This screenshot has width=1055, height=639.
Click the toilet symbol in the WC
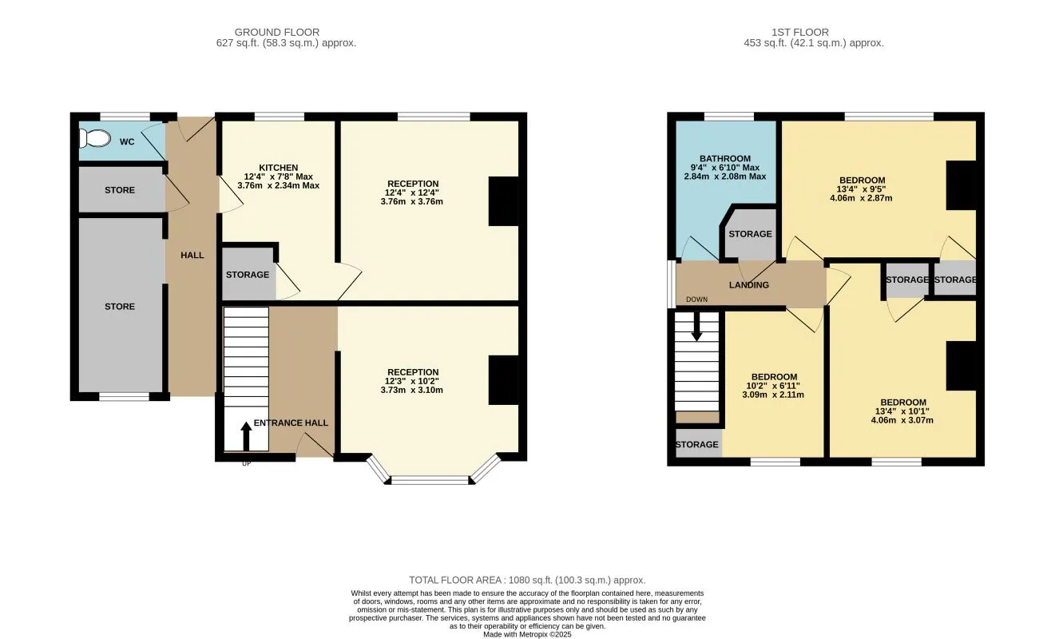click(95, 138)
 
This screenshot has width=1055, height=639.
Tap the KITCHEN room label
click(279, 168)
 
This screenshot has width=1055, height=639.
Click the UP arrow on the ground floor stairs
click(246, 436)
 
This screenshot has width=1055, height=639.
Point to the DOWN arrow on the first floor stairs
click(696, 327)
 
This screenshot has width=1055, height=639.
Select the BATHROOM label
click(725, 159)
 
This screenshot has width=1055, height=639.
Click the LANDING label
click(749, 285)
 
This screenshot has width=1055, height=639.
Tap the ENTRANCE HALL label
click(291, 423)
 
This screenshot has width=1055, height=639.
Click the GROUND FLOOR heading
click(277, 32)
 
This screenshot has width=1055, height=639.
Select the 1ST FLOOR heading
click(799, 32)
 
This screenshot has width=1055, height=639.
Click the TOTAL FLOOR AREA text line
click(527, 580)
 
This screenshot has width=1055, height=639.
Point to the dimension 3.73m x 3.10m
click(411, 390)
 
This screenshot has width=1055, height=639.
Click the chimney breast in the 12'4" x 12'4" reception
click(503, 201)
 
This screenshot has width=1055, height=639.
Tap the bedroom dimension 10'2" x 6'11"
click(773, 386)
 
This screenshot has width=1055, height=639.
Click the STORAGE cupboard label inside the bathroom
click(750, 234)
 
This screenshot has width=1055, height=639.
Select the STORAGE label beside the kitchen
click(248, 275)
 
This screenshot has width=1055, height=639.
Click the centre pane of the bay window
click(430, 480)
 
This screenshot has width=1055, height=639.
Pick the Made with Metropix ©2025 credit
click(527, 634)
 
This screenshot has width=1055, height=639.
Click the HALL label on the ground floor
click(192, 256)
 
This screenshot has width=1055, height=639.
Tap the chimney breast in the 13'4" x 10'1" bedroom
click(962, 366)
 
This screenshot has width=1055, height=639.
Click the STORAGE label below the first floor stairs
click(696, 445)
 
